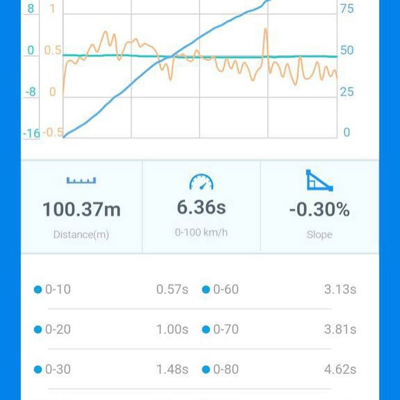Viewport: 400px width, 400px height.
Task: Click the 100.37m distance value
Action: pyautogui.click(x=81, y=210)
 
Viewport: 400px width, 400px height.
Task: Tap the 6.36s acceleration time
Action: pyautogui.click(x=201, y=207)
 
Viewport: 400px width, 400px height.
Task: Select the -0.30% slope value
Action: pyautogui.click(x=319, y=210)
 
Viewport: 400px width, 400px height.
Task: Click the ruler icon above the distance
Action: pyautogui.click(x=81, y=180)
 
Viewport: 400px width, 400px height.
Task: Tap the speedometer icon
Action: pyautogui.click(x=201, y=181)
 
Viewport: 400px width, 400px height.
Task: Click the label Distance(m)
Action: pyautogui.click(x=81, y=234)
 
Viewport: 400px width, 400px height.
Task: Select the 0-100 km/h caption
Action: pyautogui.click(x=201, y=233)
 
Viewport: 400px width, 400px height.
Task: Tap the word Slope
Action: pyautogui.click(x=319, y=234)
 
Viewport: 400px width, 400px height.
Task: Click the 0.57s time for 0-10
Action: pyautogui.click(x=172, y=289)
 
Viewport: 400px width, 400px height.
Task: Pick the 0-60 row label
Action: pyautogui.click(x=226, y=289)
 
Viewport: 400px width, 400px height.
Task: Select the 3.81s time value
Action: pyautogui.click(x=340, y=329)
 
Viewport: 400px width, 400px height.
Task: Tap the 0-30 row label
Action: pyautogui.click(x=58, y=369)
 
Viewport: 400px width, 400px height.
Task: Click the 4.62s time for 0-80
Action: pyautogui.click(x=340, y=369)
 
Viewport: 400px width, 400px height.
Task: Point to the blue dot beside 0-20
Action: pyautogui.click(x=37, y=329)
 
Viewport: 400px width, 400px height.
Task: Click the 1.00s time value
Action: pyautogui.click(x=172, y=329)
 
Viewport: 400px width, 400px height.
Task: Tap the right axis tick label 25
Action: pyautogui.click(x=347, y=91)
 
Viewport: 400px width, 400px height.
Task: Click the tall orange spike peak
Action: pyautogui.click(x=266, y=29)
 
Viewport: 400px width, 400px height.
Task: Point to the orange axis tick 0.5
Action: pyautogui.click(x=53, y=51)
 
